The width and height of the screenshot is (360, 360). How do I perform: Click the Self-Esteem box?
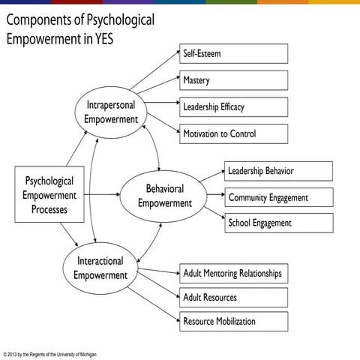(x=233, y=54)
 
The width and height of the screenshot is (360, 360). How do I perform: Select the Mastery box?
(x=233, y=80)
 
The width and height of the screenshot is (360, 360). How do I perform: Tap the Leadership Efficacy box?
(x=233, y=106)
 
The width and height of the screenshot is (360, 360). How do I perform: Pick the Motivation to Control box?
(x=233, y=133)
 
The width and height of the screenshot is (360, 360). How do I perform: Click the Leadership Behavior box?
(x=278, y=171)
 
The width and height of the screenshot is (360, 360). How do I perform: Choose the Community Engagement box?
(x=278, y=197)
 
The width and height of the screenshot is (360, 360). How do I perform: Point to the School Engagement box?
(x=278, y=223)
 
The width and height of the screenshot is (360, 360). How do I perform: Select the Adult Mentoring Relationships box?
(x=233, y=273)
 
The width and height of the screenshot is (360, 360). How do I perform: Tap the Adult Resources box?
(x=233, y=297)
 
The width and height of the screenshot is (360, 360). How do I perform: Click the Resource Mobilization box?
(x=233, y=321)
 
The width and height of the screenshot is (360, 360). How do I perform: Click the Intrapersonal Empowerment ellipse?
(x=111, y=112)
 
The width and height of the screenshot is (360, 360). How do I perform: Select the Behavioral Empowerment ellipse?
(x=164, y=196)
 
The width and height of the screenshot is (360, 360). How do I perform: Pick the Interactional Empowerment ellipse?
(x=100, y=268)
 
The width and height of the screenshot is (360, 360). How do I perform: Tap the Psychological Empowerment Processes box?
(x=49, y=195)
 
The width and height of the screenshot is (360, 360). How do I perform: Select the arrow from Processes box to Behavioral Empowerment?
(x=102, y=195)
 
